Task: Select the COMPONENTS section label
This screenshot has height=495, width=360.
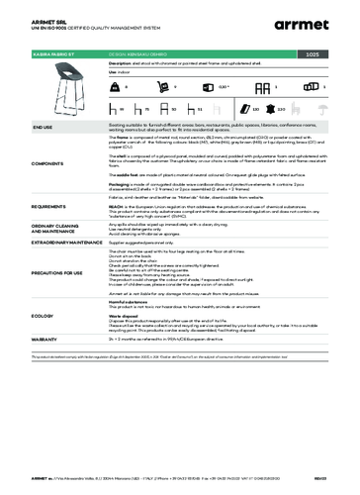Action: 23,160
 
